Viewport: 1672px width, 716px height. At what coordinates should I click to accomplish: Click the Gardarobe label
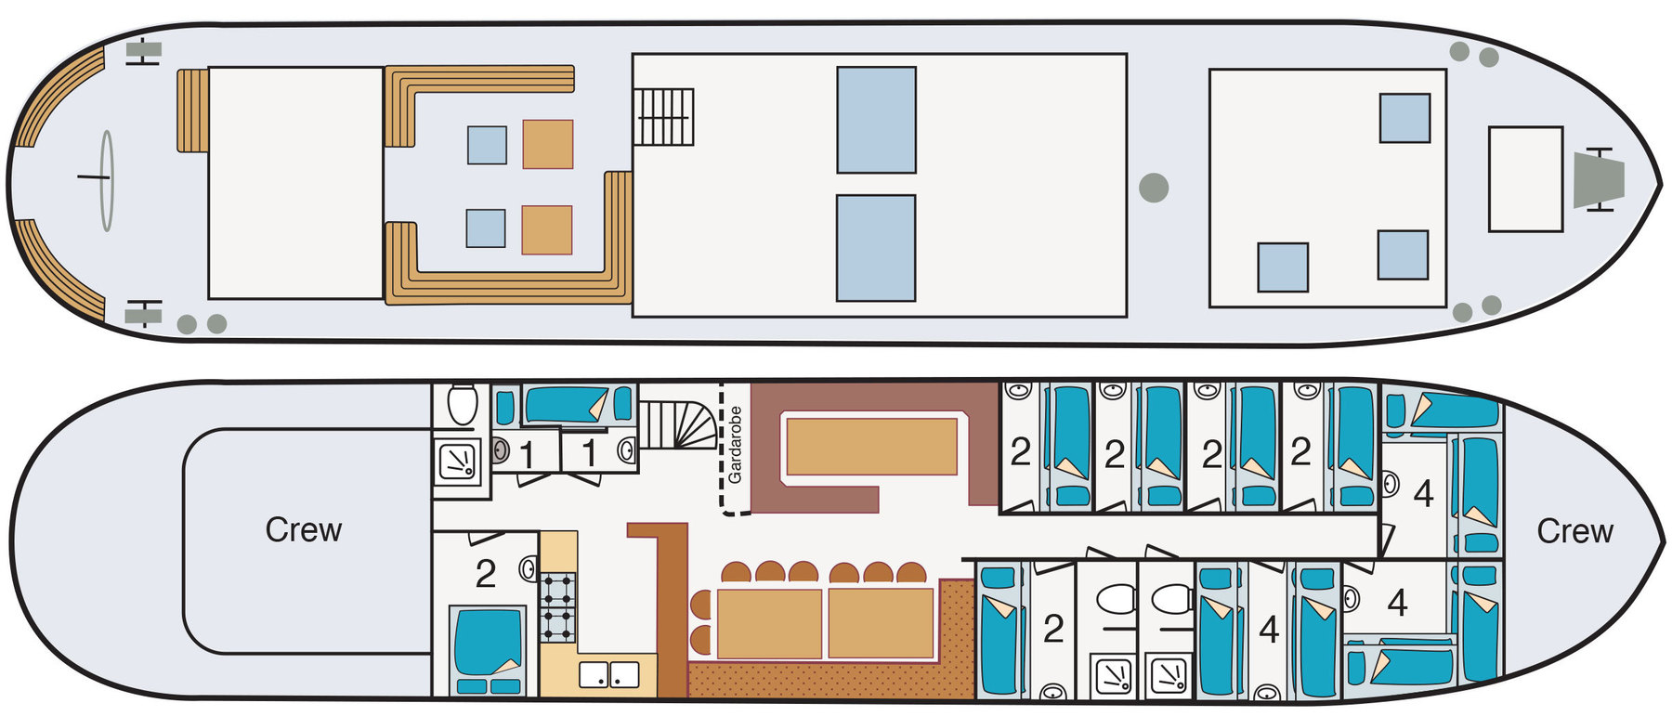pos(736,445)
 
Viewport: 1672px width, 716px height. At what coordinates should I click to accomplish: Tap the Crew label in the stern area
pos(304,529)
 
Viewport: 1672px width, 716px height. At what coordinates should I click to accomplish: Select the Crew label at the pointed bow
pos(1574,531)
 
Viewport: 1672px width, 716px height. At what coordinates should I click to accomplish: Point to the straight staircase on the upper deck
pos(664,117)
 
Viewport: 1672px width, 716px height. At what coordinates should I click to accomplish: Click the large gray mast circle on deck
pos(1154,188)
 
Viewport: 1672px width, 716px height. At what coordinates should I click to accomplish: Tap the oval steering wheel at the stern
pos(107,180)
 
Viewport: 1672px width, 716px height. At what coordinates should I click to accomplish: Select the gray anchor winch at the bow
pos(1599,179)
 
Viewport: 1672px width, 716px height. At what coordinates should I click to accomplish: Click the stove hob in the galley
pos(558,607)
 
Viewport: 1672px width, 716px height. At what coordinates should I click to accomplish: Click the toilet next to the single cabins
pos(462,405)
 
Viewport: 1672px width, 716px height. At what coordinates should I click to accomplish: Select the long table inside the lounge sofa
pos(871,447)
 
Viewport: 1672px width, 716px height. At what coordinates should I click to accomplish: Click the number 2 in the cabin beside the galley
pos(485,575)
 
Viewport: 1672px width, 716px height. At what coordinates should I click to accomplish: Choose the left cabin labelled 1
pos(527,455)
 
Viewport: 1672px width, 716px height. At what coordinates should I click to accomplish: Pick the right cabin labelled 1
pos(589,454)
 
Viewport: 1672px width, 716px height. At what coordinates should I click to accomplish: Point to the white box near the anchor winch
pos(1525,179)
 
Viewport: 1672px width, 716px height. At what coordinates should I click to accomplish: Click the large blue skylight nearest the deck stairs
pos(876,120)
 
